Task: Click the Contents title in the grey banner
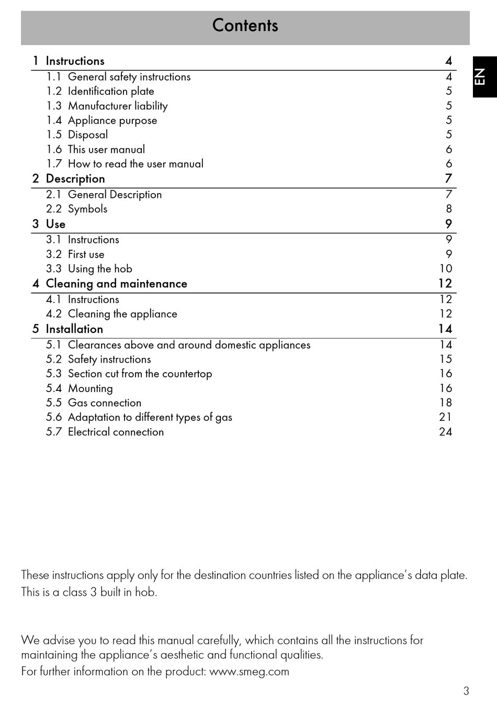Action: point(245,26)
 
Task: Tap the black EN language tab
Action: point(484,77)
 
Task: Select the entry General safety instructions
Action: point(129,77)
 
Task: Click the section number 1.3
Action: point(54,106)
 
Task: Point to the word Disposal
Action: point(88,135)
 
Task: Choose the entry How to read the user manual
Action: point(135,164)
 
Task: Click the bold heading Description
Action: point(75,179)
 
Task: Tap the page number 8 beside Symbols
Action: point(448,209)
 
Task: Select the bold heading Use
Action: point(55,224)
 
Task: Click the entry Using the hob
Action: point(100,269)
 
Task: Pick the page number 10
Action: point(445,269)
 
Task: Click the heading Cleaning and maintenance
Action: point(116,284)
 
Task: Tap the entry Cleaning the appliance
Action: point(122,314)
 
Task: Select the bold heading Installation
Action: point(74,329)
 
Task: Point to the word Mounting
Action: point(90,388)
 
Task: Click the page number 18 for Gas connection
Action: point(445,403)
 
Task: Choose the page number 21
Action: point(445,417)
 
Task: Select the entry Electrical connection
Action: point(116,432)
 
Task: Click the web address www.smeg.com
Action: point(249,671)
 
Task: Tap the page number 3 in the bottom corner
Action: point(466,691)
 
